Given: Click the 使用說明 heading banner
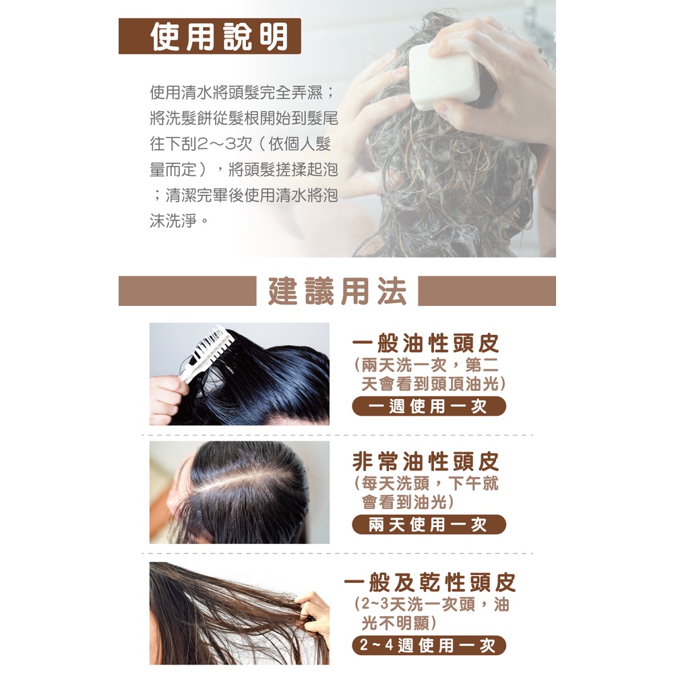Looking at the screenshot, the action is [210, 36].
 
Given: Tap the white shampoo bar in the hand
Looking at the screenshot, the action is [444, 77].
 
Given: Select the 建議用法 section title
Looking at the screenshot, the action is [337, 291].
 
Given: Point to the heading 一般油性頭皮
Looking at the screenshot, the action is [425, 343].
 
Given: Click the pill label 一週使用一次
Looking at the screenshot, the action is [429, 406].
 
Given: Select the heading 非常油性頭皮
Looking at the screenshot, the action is [425, 462].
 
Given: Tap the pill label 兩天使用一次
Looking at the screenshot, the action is [429, 524].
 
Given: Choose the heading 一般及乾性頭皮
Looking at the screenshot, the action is [429, 582].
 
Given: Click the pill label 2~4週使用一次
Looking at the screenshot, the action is [429, 645].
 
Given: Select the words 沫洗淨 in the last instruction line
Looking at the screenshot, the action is [173, 221].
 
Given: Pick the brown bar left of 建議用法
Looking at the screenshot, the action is [187, 291].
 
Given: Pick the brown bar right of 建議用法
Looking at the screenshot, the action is [487, 291].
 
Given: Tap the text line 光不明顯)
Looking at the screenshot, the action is [398, 622].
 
